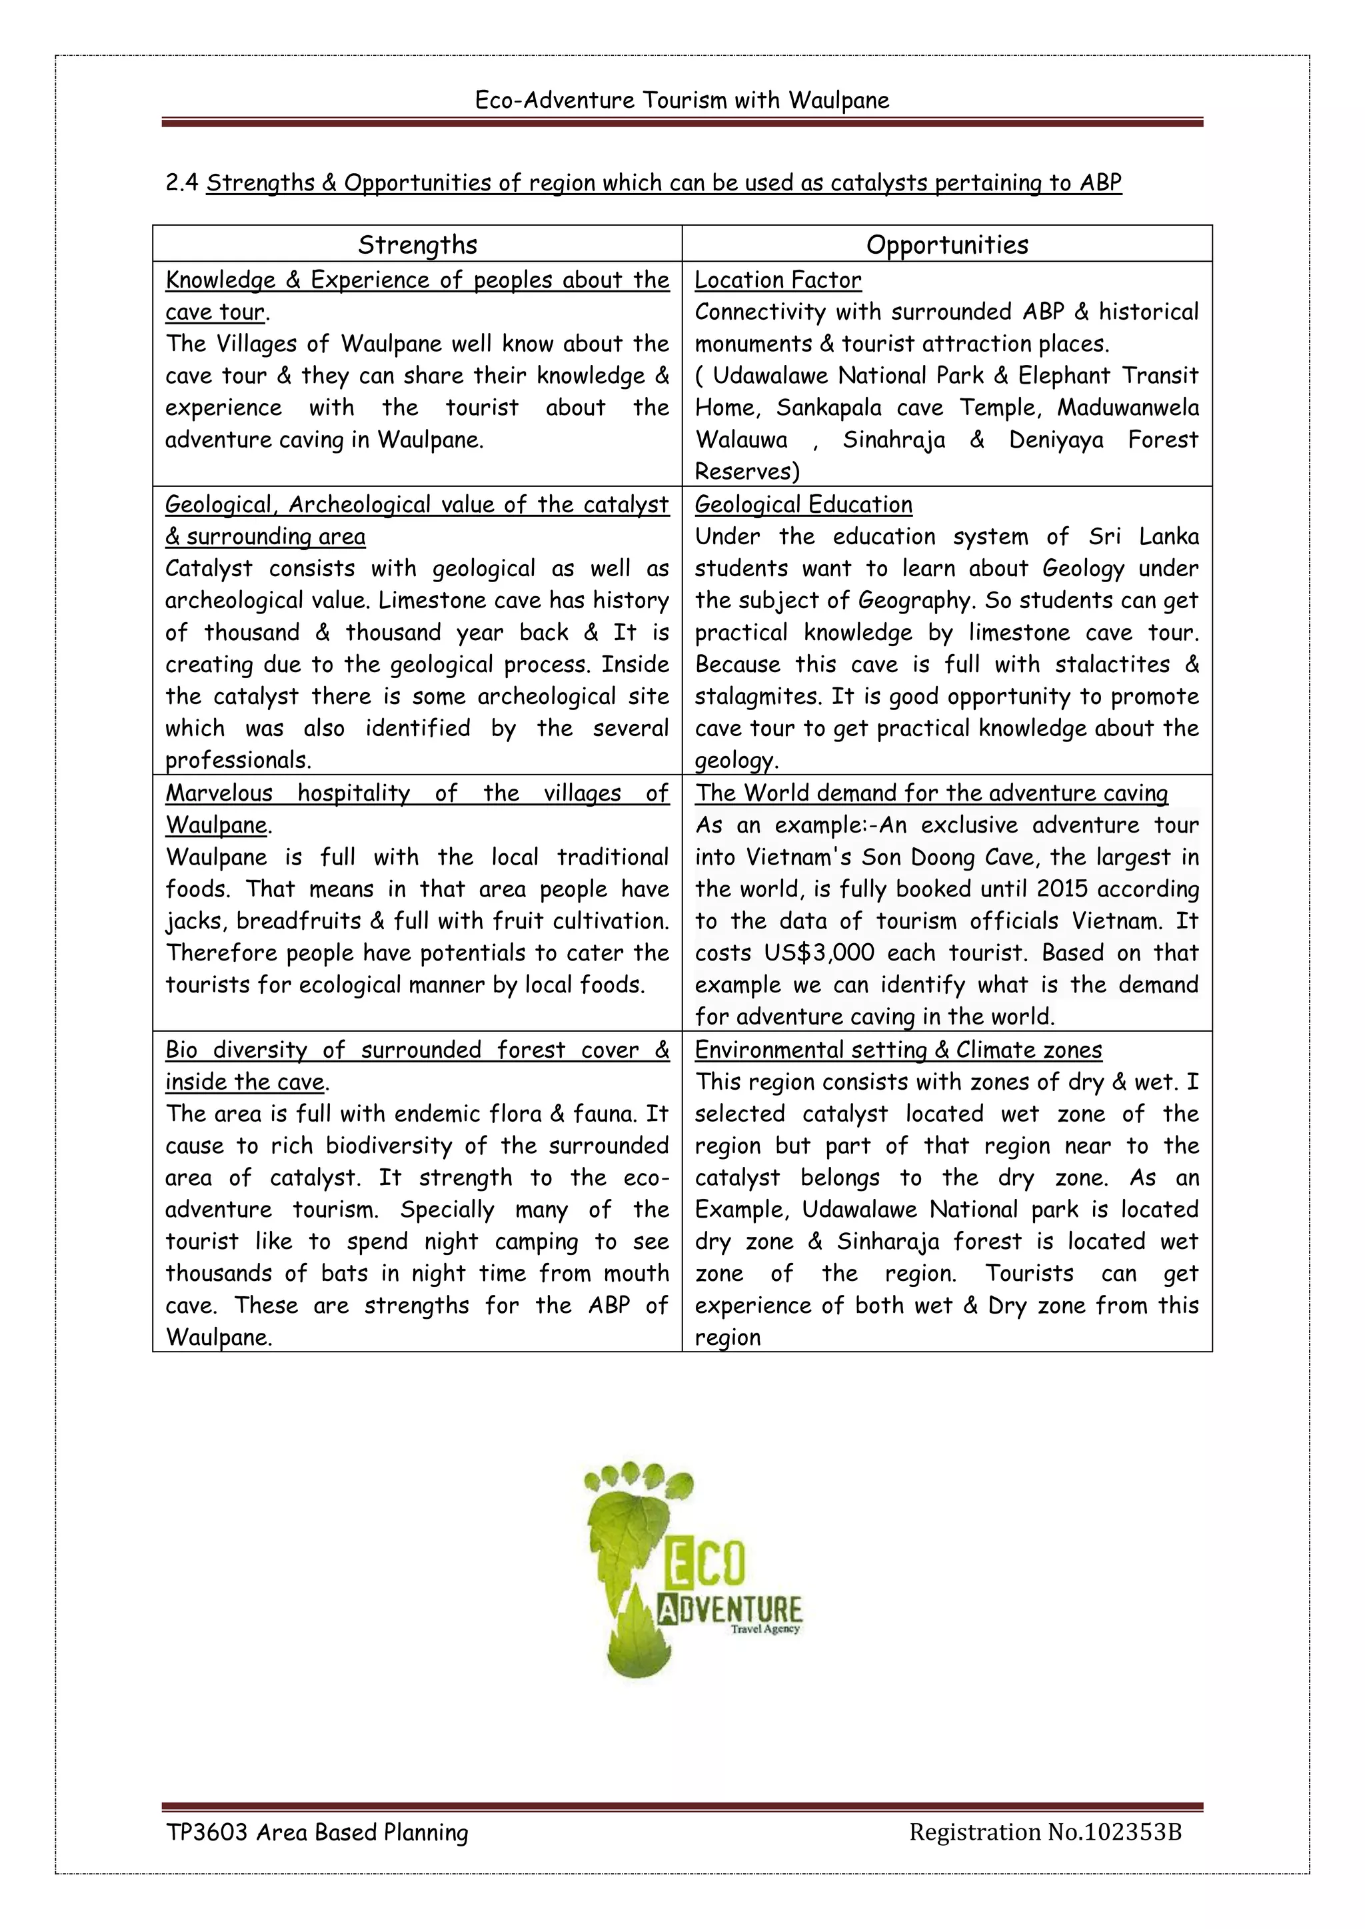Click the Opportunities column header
pos(946,244)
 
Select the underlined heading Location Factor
pos(778,280)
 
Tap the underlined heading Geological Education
pos(802,504)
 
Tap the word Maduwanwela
pos(1127,408)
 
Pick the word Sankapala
pos(828,408)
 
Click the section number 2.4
pos(181,183)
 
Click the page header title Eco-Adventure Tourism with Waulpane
pos(682,100)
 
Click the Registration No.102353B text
pos(1045,1832)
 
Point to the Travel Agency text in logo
pos(765,1629)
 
